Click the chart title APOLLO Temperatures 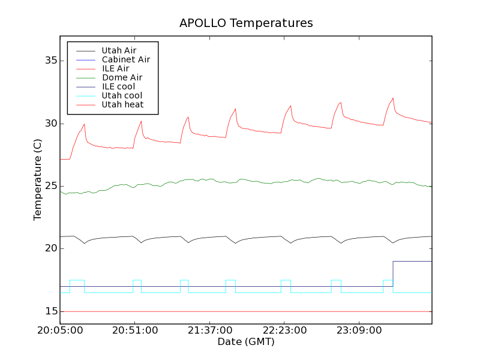pyautogui.click(x=246, y=23)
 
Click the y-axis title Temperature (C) pyautogui.click(x=38, y=179)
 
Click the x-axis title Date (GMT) pyautogui.click(x=245, y=341)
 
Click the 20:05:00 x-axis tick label pyautogui.click(x=60, y=330)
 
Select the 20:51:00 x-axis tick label pyautogui.click(x=135, y=330)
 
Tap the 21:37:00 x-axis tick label pyautogui.click(x=209, y=330)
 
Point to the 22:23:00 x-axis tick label pyautogui.click(x=284, y=330)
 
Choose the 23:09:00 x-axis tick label pyautogui.click(x=359, y=330)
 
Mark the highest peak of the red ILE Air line pyautogui.click(x=393, y=98)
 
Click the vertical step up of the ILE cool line pyautogui.click(x=393, y=274)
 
